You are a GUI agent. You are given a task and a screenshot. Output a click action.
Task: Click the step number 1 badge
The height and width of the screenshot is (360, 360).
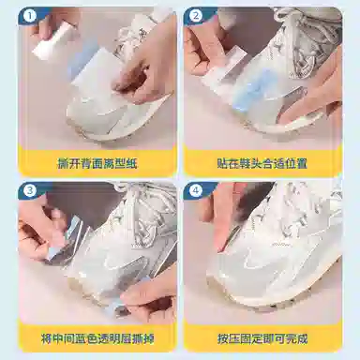tap(30, 16)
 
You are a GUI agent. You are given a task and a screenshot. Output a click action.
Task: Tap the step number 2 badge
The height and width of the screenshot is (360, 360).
tap(196, 16)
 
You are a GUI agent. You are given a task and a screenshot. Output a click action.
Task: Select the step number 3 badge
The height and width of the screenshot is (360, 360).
tap(30, 190)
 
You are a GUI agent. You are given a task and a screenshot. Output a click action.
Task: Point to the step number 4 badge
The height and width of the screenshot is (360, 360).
tap(196, 190)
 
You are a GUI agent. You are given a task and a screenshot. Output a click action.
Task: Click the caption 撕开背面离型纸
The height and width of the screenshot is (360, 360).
tap(97, 163)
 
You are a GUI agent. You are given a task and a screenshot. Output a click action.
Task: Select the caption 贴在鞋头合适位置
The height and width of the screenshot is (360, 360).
tap(262, 163)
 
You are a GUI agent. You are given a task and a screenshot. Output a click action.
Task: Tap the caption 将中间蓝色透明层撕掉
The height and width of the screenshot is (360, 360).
tap(97, 338)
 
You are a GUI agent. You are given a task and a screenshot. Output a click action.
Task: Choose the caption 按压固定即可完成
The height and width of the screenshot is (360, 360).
tap(262, 338)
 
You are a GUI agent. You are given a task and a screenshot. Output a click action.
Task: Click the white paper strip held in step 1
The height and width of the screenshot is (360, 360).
tap(53, 39)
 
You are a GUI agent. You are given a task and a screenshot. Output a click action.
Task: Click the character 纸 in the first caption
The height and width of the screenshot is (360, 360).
tap(132, 163)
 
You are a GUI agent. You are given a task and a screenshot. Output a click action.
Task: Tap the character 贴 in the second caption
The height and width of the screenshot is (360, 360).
tap(223, 163)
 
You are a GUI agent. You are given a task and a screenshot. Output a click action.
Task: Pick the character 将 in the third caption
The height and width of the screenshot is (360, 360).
tap(47, 338)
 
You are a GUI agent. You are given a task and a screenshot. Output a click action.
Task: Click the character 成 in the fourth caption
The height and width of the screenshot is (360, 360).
tap(302, 338)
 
